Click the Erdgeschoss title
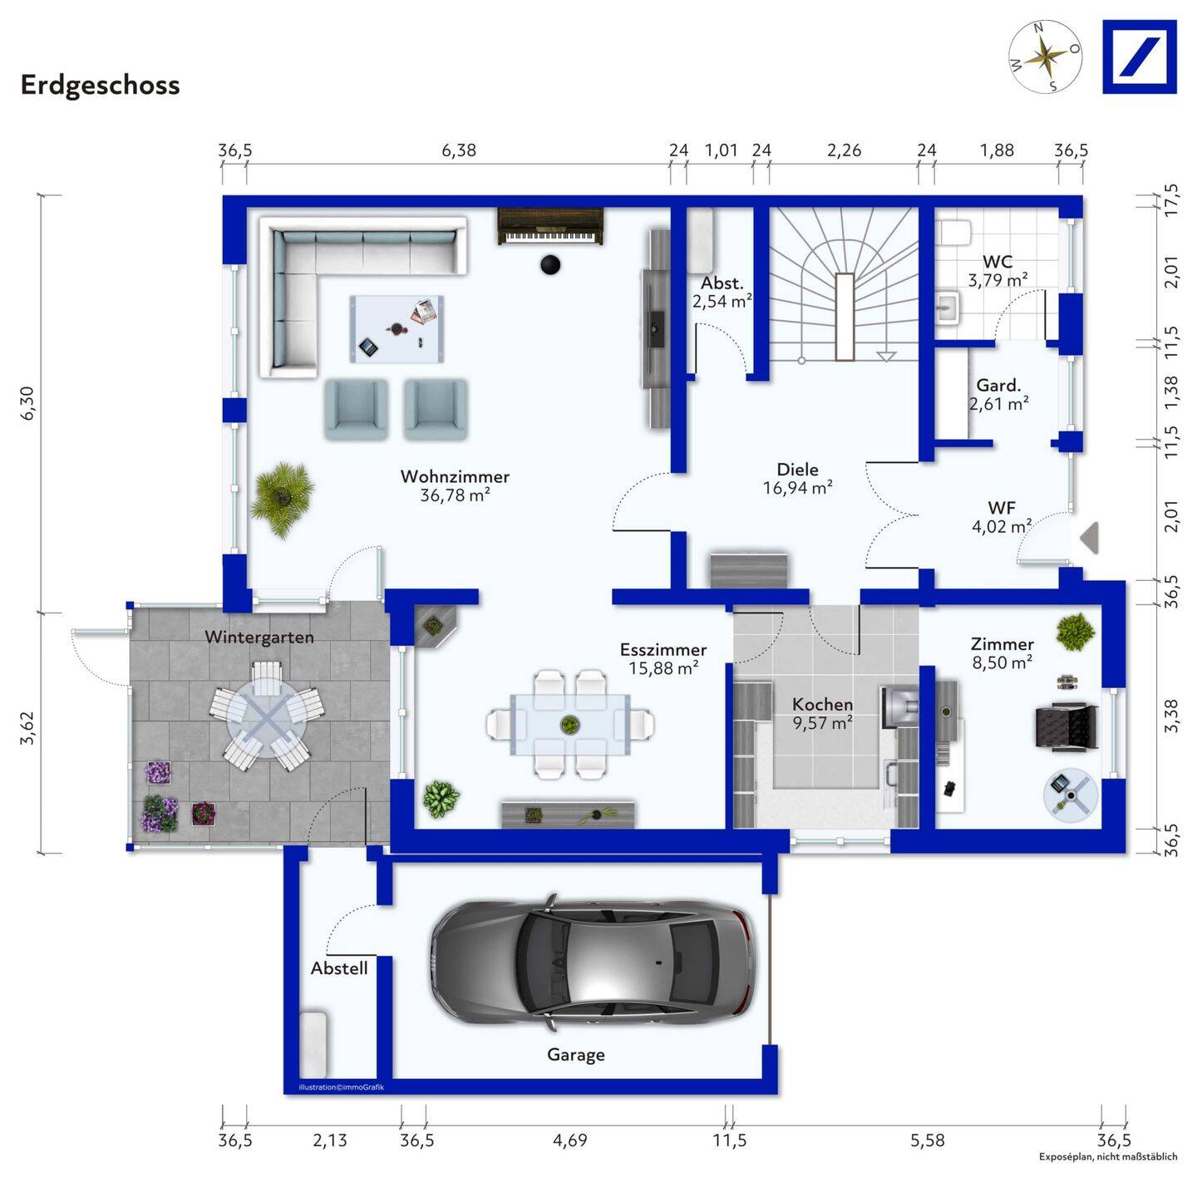(x=100, y=85)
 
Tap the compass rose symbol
(x=1045, y=57)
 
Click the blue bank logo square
(x=1139, y=57)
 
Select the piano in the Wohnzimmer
(x=550, y=226)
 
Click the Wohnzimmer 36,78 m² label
(x=455, y=485)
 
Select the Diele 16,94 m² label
(x=797, y=479)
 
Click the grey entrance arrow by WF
(x=1090, y=538)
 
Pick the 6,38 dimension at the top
(x=459, y=150)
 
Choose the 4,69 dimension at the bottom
(x=570, y=1140)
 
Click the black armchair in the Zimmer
(x=1066, y=726)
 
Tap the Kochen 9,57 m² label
(x=822, y=713)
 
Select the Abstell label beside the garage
(x=339, y=968)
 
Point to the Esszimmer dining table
(x=570, y=724)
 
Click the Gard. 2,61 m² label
(x=998, y=395)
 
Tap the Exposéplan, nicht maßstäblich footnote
(x=1107, y=1157)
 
